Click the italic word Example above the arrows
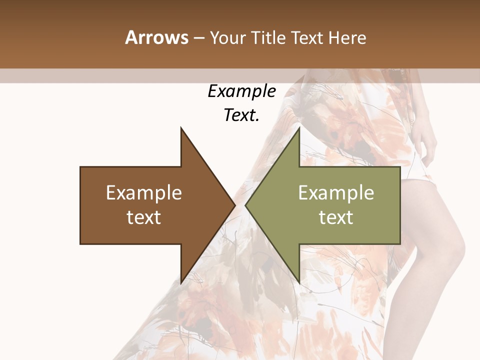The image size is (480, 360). pyautogui.click(x=241, y=91)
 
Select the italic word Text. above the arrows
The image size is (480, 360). pyautogui.click(x=241, y=115)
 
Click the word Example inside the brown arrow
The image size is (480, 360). pyautogui.click(x=144, y=193)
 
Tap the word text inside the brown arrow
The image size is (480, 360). pyautogui.click(x=144, y=217)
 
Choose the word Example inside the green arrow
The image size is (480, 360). pyautogui.click(x=336, y=193)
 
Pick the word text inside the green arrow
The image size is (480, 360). pyautogui.click(x=336, y=217)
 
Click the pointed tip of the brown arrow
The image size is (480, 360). pyautogui.click(x=234, y=205)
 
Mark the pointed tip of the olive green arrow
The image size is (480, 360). pyautogui.click(x=245, y=205)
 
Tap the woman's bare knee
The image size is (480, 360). pyautogui.click(x=452, y=250)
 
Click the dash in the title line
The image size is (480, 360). pyautogui.click(x=198, y=38)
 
